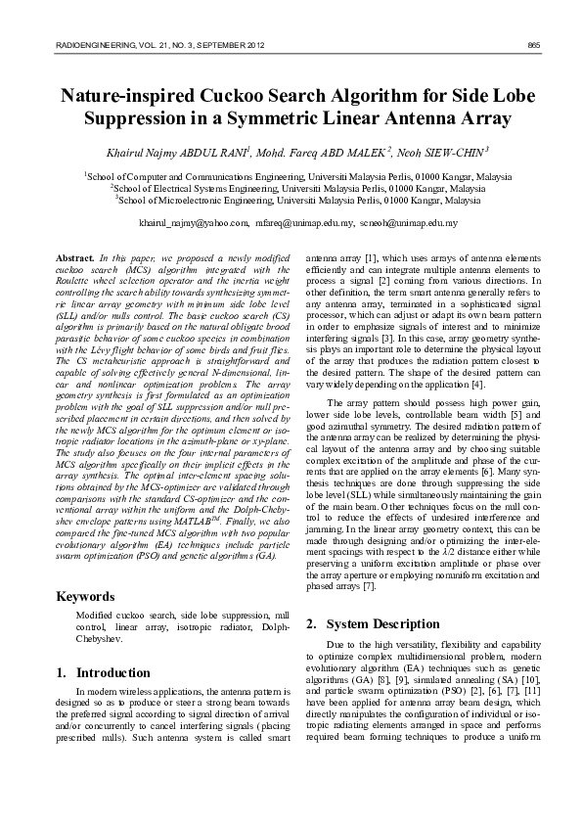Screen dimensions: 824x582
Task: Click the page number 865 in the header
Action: [x=533, y=46]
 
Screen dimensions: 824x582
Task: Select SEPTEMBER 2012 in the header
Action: [x=230, y=46]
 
